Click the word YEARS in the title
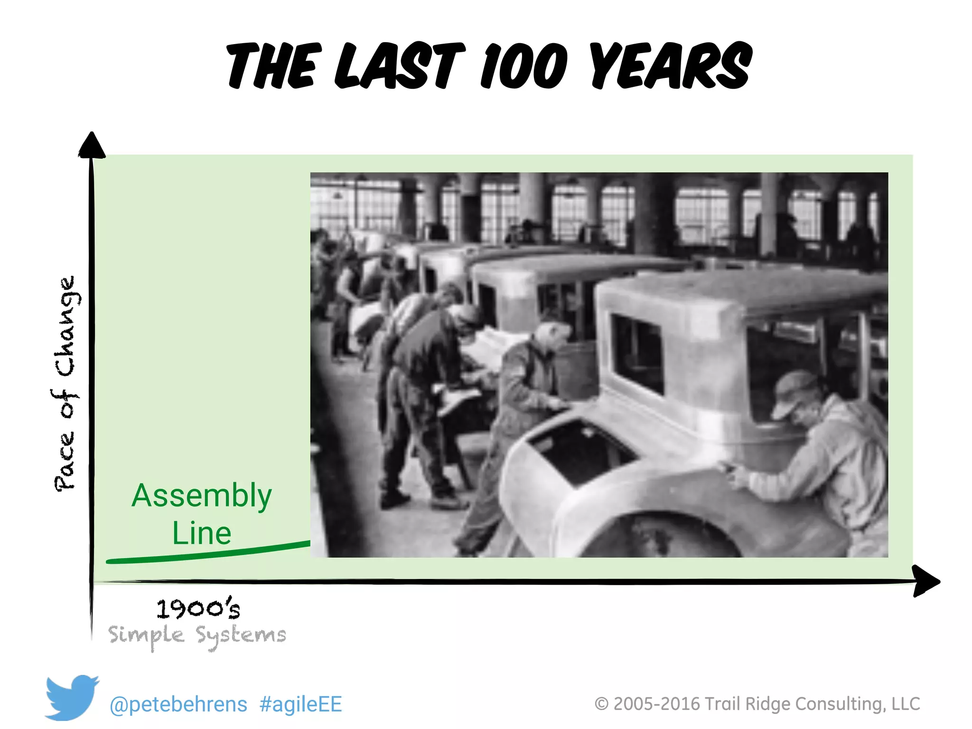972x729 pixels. pyautogui.click(x=671, y=66)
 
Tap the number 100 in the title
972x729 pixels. pyautogui.click(x=524, y=66)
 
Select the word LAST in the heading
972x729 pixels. pyautogui.click(x=400, y=66)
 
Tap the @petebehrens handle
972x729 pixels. pyautogui.click(x=178, y=704)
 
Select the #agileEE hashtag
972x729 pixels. pyautogui.click(x=300, y=704)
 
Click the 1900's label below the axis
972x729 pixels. pyautogui.click(x=198, y=608)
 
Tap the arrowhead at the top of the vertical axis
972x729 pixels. pyautogui.click(x=92, y=145)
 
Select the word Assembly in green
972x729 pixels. pyautogui.click(x=202, y=495)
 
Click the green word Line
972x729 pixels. pyautogui.click(x=202, y=533)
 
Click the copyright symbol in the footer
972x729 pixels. pyautogui.click(x=601, y=704)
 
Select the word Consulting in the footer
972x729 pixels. pyautogui.click(x=840, y=704)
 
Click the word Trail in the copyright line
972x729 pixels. pyautogui.click(x=722, y=704)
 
